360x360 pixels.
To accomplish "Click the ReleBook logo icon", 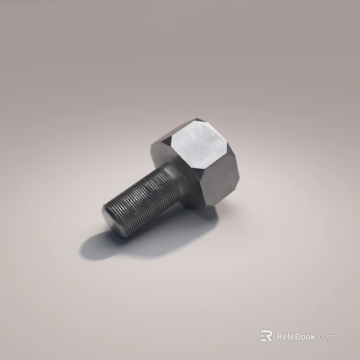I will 266,336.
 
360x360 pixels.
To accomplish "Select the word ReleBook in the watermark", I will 296,337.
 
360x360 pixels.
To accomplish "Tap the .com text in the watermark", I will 326,337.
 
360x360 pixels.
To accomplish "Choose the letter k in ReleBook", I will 313,337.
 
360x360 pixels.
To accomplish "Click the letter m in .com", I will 332,337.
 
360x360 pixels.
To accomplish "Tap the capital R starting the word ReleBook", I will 280,337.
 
